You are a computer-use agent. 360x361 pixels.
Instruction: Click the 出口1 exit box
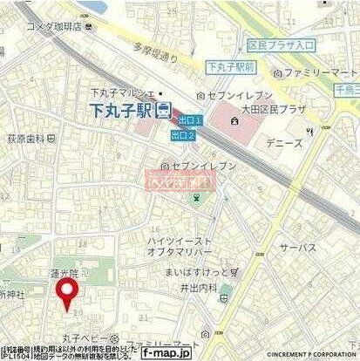(x=185, y=119)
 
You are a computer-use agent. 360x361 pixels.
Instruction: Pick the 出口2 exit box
(x=182, y=135)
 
